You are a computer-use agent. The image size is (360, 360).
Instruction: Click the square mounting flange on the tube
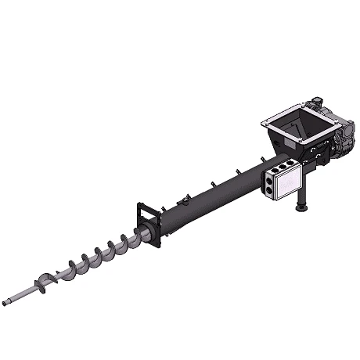pyautogui.click(x=148, y=224)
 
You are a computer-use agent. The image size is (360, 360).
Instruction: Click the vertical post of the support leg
pyautogui.click(x=301, y=196)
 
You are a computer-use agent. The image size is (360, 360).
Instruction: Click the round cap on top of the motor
pyautogui.click(x=318, y=101)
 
